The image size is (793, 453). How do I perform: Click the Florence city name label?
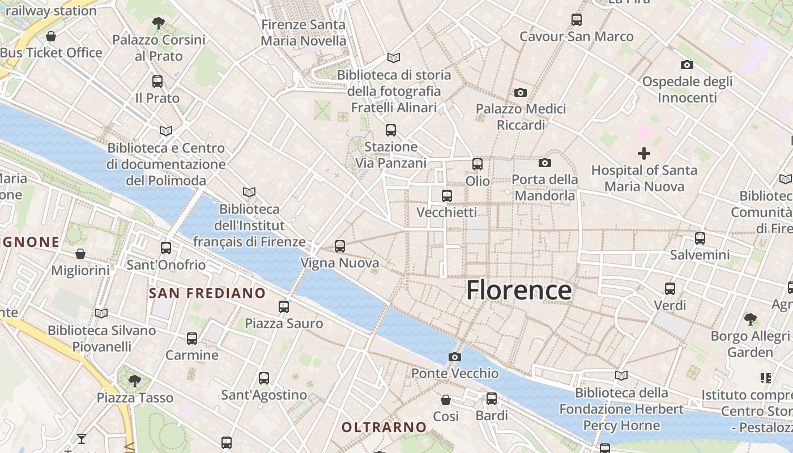(x=519, y=290)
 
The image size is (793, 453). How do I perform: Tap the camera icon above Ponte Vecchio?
(x=454, y=357)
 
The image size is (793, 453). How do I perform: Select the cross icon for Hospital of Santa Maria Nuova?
(x=643, y=153)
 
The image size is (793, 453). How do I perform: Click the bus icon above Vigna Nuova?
(x=339, y=246)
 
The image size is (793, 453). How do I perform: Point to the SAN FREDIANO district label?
(x=207, y=293)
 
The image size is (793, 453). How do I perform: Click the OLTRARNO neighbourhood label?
(x=383, y=427)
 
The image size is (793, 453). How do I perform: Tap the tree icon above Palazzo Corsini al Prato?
(x=158, y=23)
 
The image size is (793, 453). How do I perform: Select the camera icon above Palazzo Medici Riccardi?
(x=520, y=92)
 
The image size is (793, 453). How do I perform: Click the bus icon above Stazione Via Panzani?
(x=390, y=130)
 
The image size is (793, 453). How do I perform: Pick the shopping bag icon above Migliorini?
(x=80, y=254)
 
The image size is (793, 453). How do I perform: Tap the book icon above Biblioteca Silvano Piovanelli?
(x=101, y=313)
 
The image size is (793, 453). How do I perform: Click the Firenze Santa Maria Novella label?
(x=303, y=33)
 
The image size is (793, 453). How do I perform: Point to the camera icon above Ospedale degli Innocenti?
(x=687, y=65)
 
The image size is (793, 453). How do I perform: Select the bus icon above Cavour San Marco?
(x=576, y=20)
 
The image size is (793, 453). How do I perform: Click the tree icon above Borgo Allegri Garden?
(x=750, y=319)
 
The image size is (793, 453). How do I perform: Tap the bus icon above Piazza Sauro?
(x=284, y=307)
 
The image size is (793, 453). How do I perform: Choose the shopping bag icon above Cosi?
(x=446, y=400)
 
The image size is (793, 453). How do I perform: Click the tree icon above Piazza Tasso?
(x=134, y=381)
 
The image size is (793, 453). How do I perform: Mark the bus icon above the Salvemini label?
(x=700, y=238)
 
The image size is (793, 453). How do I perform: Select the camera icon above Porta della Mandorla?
(x=544, y=163)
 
